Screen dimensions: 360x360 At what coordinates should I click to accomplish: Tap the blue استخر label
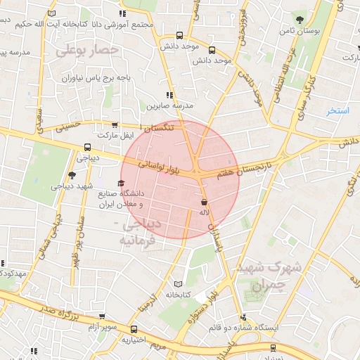(x=337, y=111)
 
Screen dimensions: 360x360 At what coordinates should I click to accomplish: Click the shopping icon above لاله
(x=204, y=201)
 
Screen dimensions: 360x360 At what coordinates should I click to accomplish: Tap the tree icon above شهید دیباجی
(x=71, y=176)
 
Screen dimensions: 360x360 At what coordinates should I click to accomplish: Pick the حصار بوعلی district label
(x=87, y=51)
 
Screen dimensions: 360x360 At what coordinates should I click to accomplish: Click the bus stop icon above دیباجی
(x=87, y=148)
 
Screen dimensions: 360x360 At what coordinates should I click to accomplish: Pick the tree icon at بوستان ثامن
(x=301, y=19)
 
